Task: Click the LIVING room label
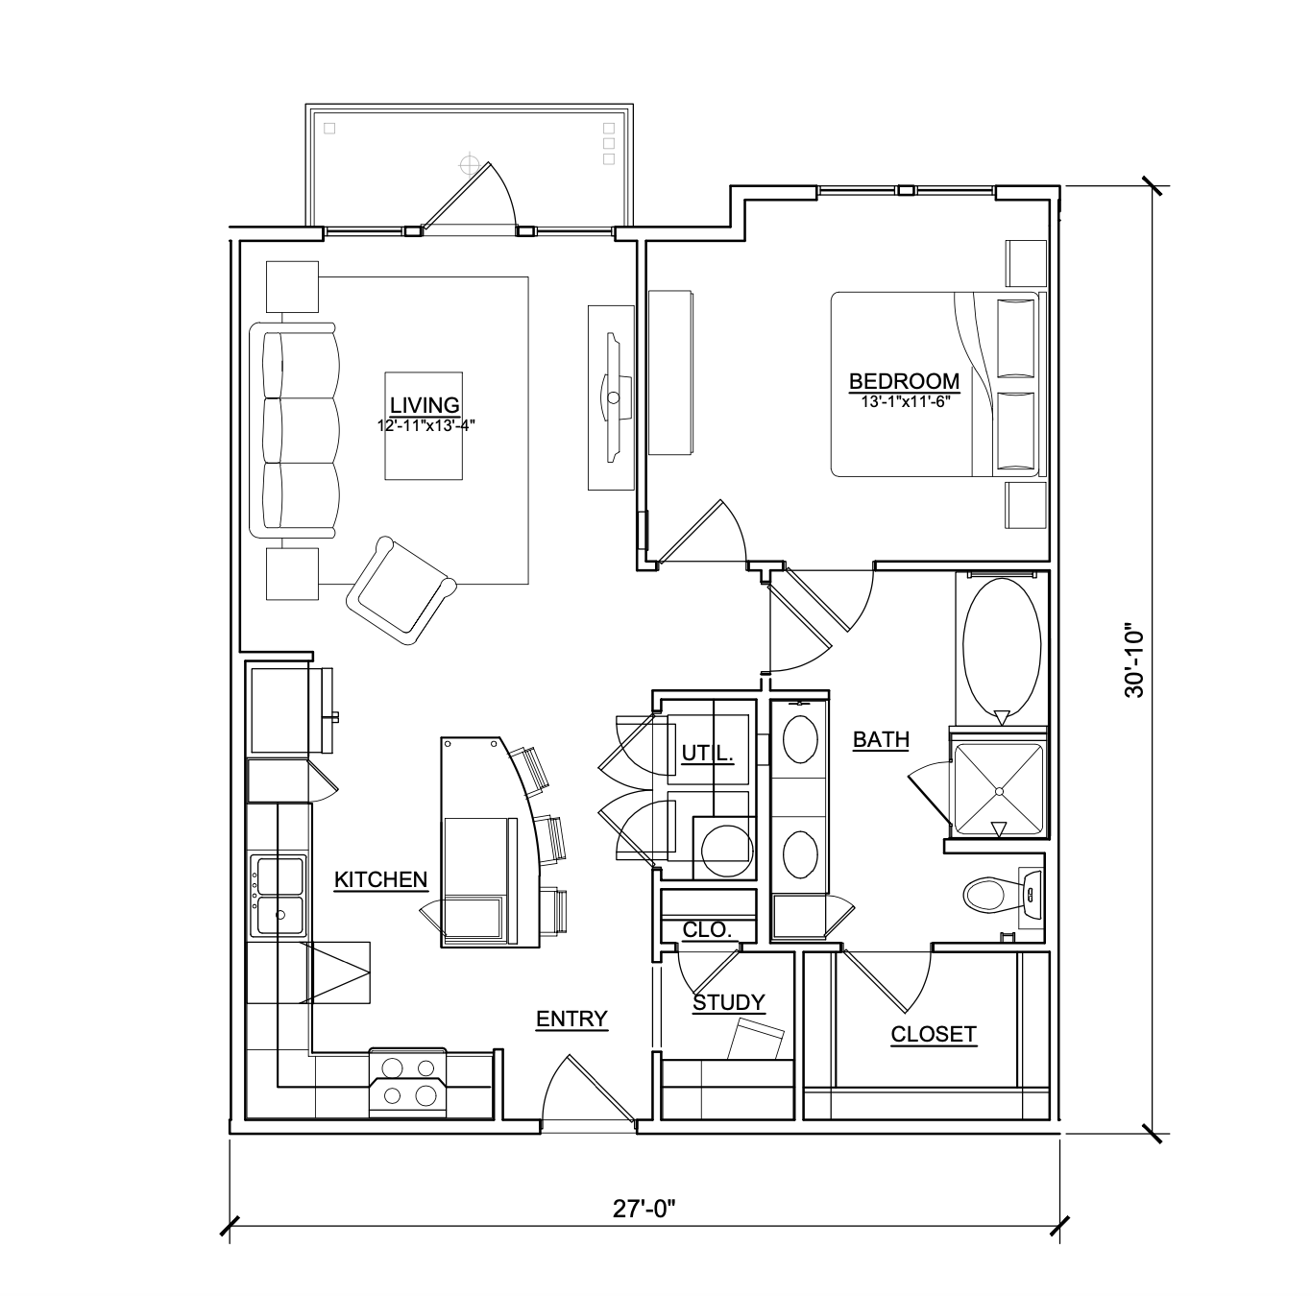425,404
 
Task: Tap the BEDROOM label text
904,381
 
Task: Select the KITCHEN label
380,879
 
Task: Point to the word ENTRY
571,1019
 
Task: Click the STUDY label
729,1002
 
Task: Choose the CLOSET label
933,1034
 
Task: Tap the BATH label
881,739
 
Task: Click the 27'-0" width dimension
644,1209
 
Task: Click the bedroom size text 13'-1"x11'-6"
904,402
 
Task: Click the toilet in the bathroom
987,895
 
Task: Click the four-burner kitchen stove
407,1082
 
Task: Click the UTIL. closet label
708,754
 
